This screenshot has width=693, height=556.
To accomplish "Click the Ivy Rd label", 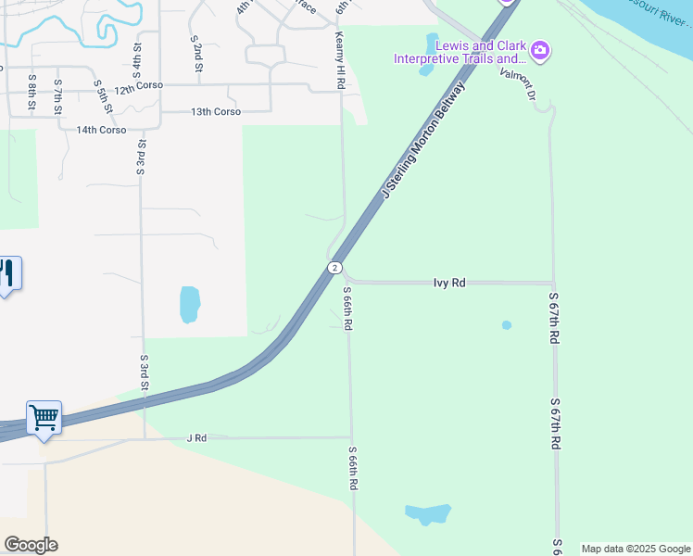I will pyautogui.click(x=449, y=283).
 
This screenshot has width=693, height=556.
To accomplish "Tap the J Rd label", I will pyautogui.click(x=195, y=437).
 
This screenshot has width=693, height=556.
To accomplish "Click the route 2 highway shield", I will pyautogui.click(x=334, y=268).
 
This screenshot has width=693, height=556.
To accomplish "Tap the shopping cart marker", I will pyautogui.click(x=44, y=419).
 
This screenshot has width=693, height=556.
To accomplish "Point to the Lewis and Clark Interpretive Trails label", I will pyautogui.click(x=460, y=53).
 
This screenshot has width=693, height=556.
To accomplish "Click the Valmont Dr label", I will pyautogui.click(x=518, y=83).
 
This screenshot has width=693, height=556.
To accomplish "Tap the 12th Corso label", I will pyautogui.click(x=139, y=85).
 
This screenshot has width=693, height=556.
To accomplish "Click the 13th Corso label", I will pyautogui.click(x=216, y=112).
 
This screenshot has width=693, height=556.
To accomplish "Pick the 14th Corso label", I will pyautogui.click(x=101, y=131).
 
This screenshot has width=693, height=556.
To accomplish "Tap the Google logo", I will pyautogui.click(x=31, y=545).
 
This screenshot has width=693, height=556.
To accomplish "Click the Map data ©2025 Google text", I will pyautogui.click(x=636, y=549).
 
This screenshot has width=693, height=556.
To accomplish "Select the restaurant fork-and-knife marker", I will pyautogui.click(x=7, y=273).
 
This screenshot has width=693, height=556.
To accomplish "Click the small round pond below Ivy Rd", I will pyautogui.click(x=506, y=325).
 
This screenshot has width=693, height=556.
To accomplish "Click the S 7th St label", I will pyautogui.click(x=57, y=95).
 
